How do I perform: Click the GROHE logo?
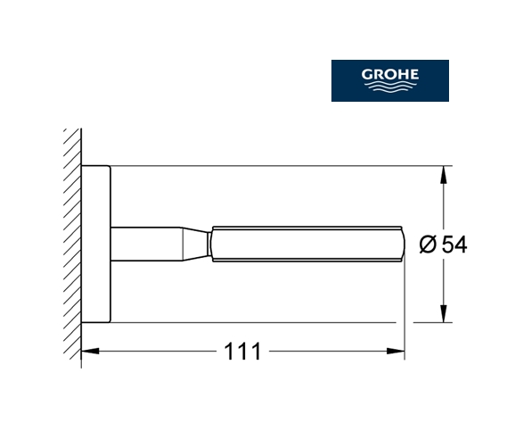pos(390,80)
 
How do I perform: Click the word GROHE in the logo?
pos(390,74)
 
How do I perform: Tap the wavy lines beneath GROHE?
pos(390,87)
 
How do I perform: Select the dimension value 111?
pos(242,351)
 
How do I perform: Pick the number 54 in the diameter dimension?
pos(454,245)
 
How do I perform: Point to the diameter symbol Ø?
pos(428,245)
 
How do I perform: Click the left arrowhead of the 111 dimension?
pos(90,351)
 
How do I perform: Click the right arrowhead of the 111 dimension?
pos(396,351)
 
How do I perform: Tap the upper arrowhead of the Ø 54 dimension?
pos(444,174)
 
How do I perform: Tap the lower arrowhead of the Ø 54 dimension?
pos(444,314)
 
